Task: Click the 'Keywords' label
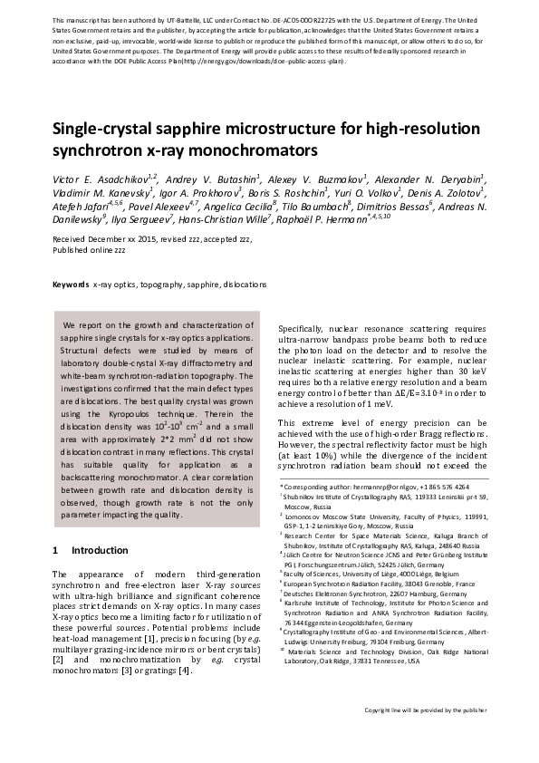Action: point(71,284)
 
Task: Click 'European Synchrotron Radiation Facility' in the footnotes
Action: point(347,584)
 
